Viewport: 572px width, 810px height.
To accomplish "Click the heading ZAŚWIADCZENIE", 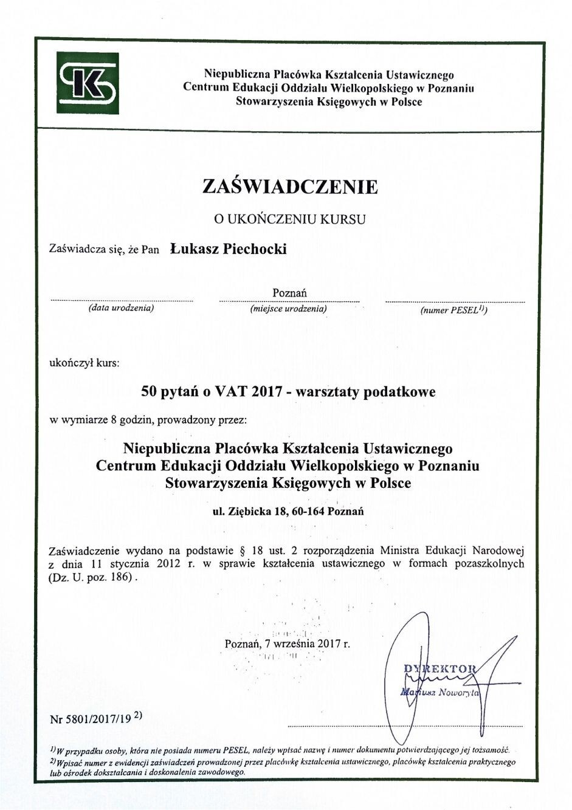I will point(290,187).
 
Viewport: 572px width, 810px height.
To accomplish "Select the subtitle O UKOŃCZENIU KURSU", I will point(289,219).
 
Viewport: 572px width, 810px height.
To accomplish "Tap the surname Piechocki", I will point(255,249).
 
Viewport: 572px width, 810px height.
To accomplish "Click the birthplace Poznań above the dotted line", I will point(289,293).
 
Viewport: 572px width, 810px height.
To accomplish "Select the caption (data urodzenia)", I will point(121,308).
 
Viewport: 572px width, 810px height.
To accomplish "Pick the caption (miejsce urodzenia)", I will point(289,309).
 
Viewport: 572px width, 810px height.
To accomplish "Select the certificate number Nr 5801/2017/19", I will point(91,719).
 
